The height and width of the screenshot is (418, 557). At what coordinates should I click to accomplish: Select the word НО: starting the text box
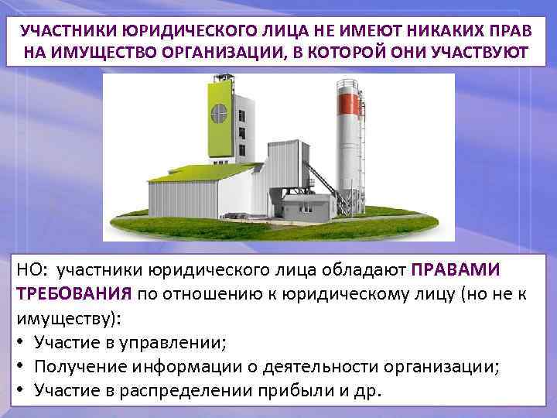point(29,270)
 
